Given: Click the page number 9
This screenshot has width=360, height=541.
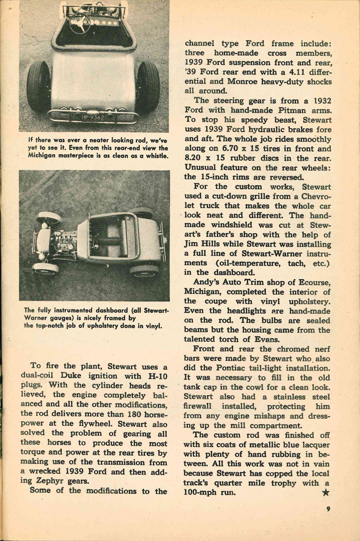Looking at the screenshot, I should [328, 509].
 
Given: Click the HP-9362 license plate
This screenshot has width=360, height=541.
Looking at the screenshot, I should [93, 116].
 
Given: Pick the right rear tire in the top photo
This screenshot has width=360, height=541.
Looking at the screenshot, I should [148, 87].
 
